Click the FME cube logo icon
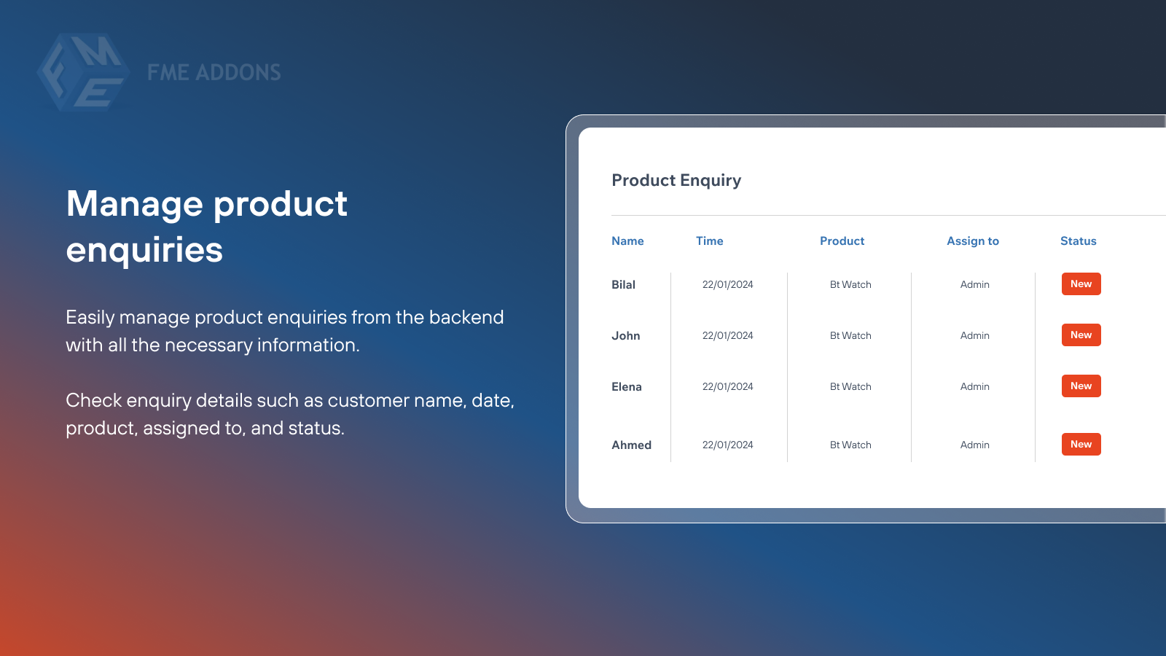pos(83,72)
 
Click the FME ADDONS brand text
pos(214,72)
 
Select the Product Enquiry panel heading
pos(676,180)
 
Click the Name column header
pos(627,241)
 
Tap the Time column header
pos(709,241)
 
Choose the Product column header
pos(842,241)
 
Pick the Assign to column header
pos(972,241)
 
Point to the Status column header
pos(1078,241)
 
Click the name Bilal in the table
pos(623,285)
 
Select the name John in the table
pos(625,336)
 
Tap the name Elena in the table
pos(626,387)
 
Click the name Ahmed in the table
pos(631,445)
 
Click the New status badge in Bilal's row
pos(1081,284)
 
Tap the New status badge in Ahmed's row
pos(1081,445)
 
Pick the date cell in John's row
pos(727,336)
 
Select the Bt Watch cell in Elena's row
pos(850,387)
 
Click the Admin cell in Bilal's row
pos(974,285)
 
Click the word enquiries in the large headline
pos(144,250)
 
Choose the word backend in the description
pos(466,318)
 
